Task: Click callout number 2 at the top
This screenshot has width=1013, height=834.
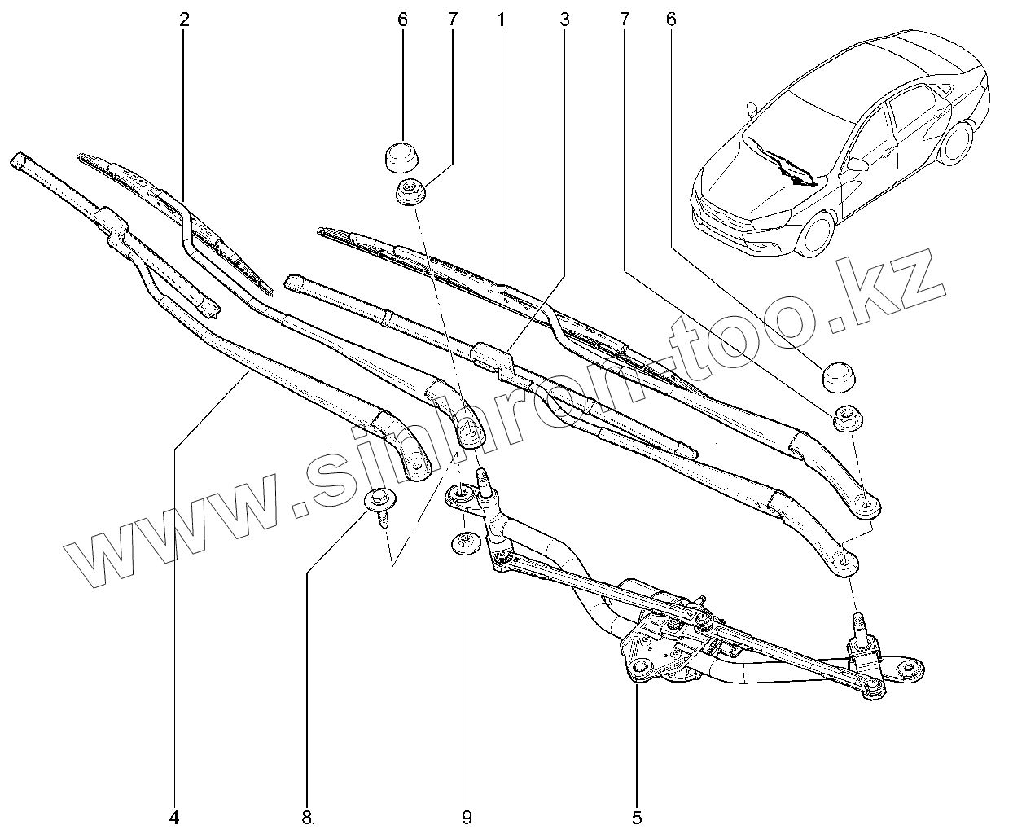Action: (x=184, y=19)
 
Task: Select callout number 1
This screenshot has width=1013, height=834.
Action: (x=501, y=19)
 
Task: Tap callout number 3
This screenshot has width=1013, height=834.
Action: (x=564, y=19)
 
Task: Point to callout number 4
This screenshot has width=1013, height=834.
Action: (x=174, y=817)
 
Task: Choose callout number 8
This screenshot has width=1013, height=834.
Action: (x=307, y=817)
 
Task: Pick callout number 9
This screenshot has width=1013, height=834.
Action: (x=467, y=817)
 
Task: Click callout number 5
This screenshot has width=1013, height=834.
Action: (x=637, y=817)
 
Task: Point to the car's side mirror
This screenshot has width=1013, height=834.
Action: (x=857, y=164)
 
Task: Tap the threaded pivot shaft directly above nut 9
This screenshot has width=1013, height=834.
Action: (x=484, y=484)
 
